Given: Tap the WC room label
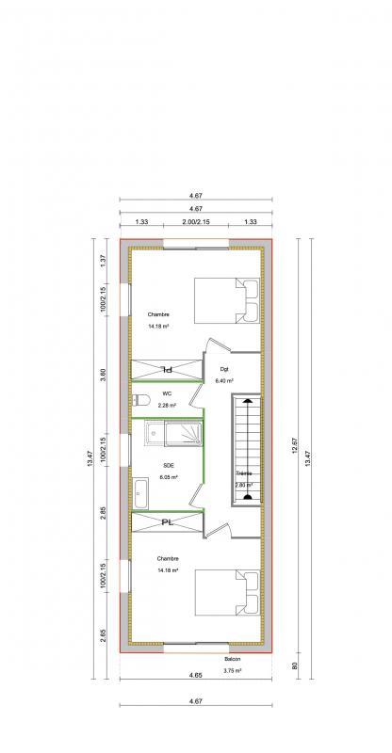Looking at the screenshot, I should point(166,393).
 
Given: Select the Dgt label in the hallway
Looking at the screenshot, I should point(224,369).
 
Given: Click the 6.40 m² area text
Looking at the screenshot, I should point(224,381).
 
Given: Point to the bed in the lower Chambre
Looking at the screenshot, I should point(226,594).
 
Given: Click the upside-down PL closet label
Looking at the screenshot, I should point(166,369).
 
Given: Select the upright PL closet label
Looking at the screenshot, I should point(166,521).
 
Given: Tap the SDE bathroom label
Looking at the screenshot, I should point(168,465).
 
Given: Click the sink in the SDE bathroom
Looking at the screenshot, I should point(140,491).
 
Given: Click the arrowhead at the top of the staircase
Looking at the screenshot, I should point(247,400).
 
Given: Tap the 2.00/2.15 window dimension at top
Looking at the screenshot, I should point(195,222).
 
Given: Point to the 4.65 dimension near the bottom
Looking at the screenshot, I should point(195,676).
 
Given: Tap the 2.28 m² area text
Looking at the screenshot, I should point(166,405).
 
